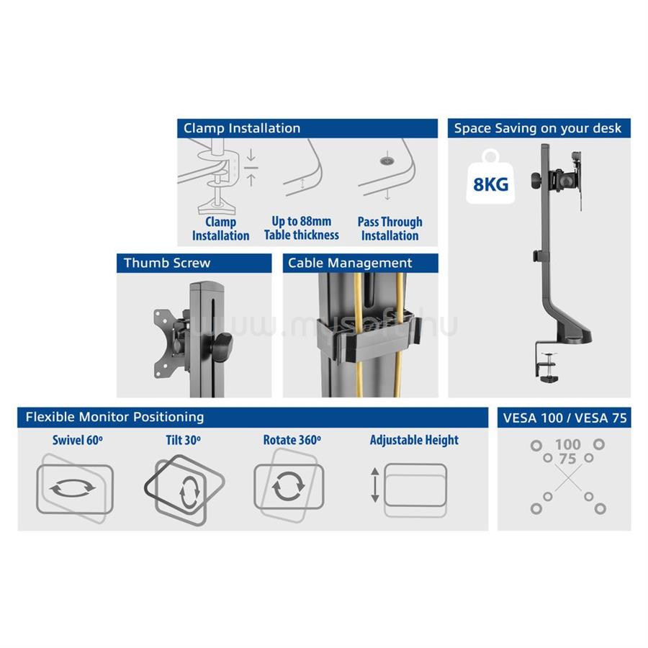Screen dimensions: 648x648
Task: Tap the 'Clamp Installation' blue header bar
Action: [307, 128]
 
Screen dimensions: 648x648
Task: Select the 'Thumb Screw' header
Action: [194, 263]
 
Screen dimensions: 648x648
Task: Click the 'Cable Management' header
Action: [361, 263]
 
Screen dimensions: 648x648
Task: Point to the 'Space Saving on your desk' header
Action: [539, 128]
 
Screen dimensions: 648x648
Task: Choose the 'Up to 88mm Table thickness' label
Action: [302, 228]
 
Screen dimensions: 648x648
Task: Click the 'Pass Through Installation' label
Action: [390, 228]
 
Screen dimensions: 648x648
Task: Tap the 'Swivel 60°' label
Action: [78, 440]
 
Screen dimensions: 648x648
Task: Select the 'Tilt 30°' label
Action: [183, 440]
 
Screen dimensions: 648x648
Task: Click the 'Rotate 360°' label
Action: [292, 440]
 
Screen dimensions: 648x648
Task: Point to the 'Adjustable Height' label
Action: [414, 440]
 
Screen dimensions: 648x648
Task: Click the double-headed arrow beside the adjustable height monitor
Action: [375, 485]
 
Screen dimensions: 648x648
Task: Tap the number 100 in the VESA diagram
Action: [568, 445]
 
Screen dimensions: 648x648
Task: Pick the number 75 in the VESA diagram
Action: [568, 459]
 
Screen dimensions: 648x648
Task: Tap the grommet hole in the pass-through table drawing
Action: [387, 160]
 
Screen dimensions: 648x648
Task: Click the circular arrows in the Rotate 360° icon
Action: [289, 486]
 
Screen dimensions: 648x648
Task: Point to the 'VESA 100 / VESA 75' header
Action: [564, 418]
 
